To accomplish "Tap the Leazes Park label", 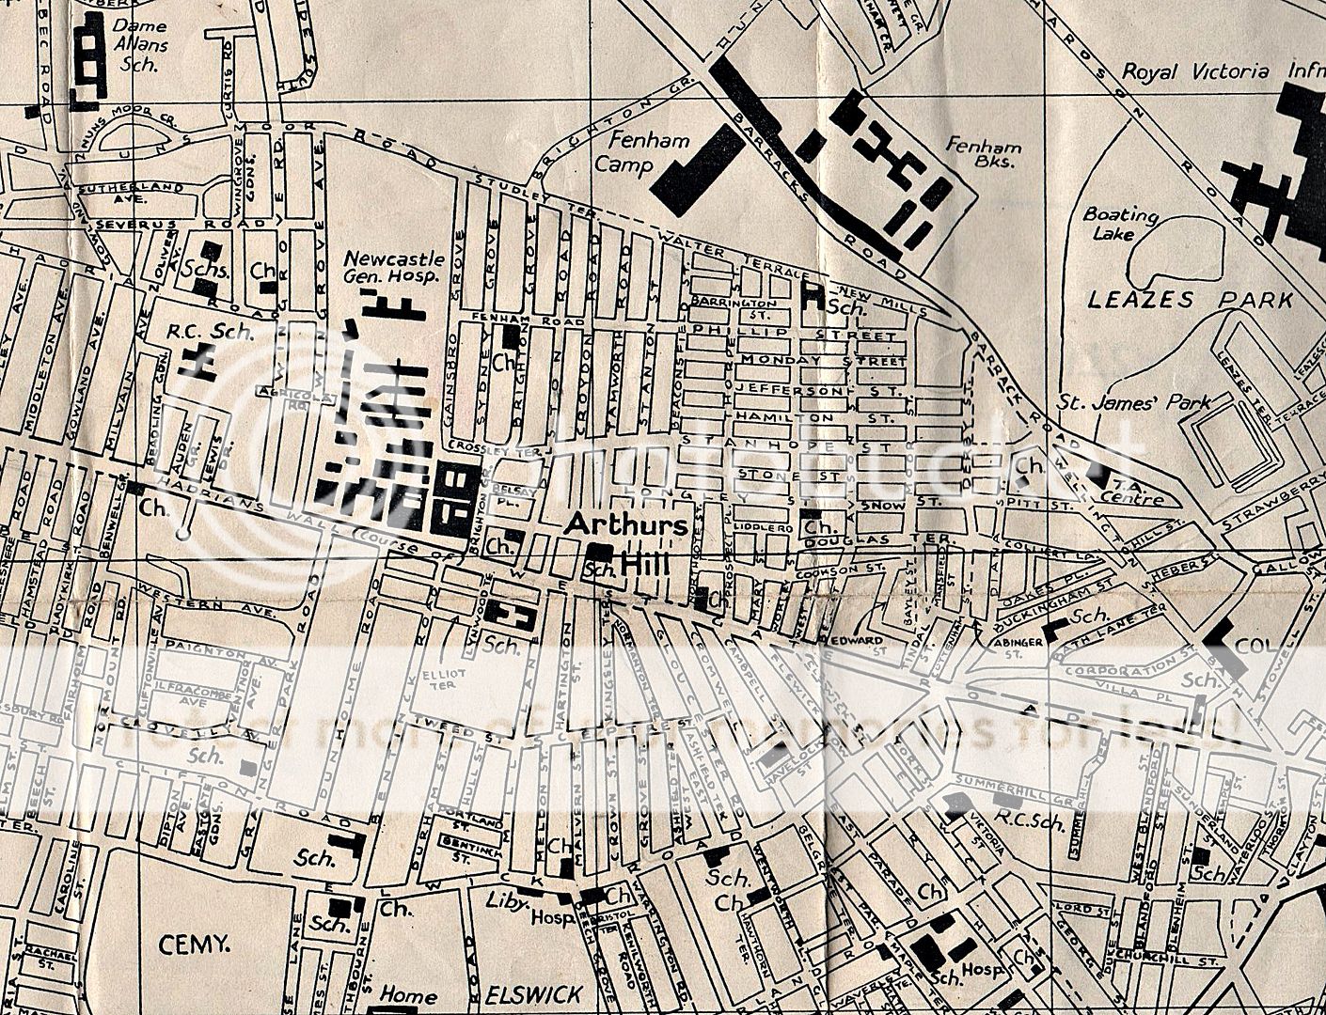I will click(x=1190, y=300).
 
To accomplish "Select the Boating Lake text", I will click(x=1119, y=223).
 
